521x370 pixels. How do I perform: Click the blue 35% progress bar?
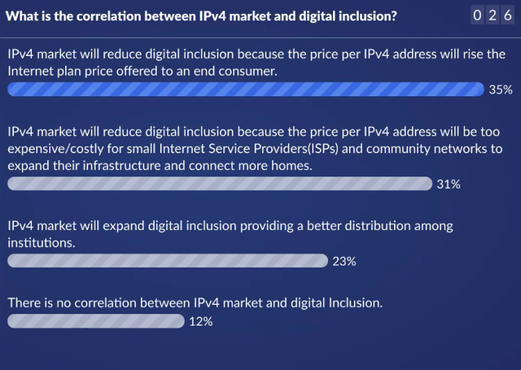coord(246,89)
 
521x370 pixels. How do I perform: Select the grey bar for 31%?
coord(220,184)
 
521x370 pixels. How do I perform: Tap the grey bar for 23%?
coord(168,261)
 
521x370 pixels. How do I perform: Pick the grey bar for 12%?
coord(96,321)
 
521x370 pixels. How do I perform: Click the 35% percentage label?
coord(501,89)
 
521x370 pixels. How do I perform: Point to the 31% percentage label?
coord(449,184)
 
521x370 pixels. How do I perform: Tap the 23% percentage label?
coord(344,262)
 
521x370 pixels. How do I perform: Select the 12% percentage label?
coord(201,321)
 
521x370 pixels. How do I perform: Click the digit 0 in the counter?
coord(477,15)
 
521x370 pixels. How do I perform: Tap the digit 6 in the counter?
coord(508,15)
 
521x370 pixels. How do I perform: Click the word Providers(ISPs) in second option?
coord(296,149)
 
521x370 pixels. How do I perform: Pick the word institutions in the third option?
coord(42,242)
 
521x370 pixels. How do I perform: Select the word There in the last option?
coord(22,303)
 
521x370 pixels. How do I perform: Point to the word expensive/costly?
coord(55,149)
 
